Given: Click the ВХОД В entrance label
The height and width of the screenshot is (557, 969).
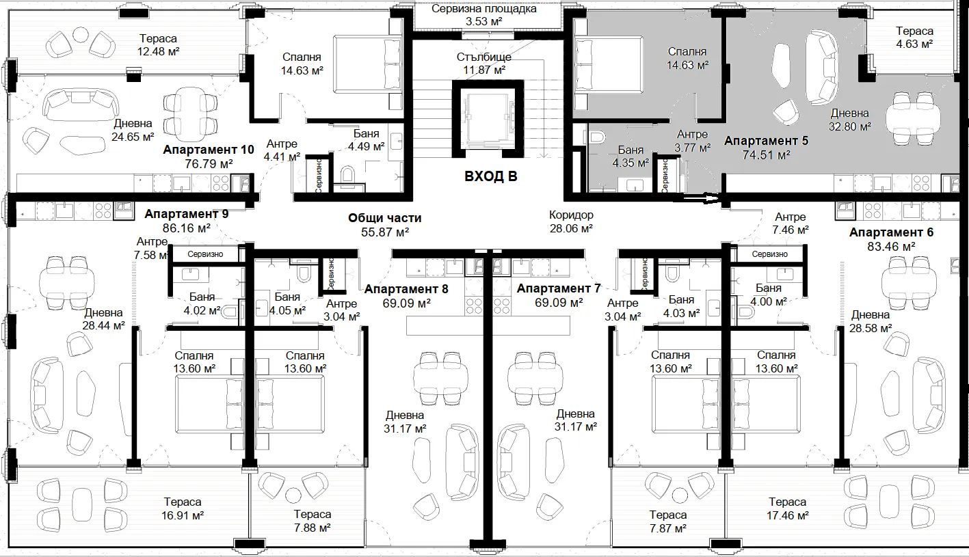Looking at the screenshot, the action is pos(490,176).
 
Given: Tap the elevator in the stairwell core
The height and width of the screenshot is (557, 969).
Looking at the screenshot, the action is pos(488,118).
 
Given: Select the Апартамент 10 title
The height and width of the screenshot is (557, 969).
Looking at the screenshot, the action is pos(209,150).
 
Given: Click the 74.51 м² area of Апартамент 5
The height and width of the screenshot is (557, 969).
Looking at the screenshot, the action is pos(766,154).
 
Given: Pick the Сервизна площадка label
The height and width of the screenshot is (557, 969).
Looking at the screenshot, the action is pos(483,9).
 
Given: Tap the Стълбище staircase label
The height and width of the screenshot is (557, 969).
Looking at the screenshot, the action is pos(483,57).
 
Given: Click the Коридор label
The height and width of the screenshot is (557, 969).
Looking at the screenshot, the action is pos(571,215).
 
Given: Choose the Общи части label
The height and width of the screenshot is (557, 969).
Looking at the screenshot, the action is pos(384,218).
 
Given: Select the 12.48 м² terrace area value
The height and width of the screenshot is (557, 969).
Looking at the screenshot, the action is pos(158,51).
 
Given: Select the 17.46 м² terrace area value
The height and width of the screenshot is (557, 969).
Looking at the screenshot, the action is pos(787,515).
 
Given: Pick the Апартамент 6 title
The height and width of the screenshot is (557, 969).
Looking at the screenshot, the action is pos(891,232).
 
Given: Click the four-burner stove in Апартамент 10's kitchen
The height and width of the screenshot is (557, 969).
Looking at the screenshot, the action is pos(220,183).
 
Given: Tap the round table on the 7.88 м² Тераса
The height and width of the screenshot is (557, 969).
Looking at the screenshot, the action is pos(293,496).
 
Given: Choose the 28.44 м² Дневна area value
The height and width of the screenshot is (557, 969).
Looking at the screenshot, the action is pos(103,325).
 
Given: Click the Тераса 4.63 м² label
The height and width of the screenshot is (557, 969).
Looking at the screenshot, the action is pos(914,37).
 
